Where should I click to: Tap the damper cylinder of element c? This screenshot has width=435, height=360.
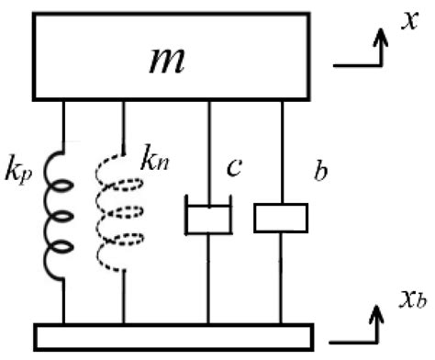pos(208,219)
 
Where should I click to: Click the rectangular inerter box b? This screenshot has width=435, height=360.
pos(281,218)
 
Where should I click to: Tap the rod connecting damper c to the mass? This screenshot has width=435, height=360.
pos(208,152)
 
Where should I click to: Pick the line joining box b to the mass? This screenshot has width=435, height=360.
pos(281,152)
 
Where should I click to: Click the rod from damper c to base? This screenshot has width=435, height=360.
pos(208,280)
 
